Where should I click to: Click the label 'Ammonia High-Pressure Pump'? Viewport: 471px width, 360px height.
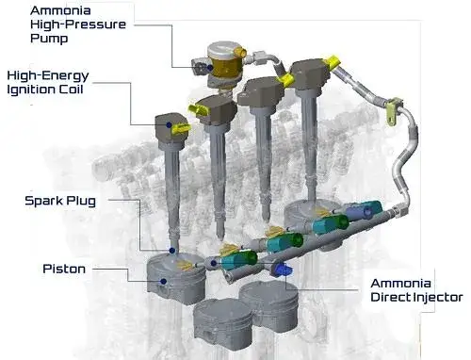[78, 25]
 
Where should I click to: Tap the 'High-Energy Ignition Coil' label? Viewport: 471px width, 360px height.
[48, 82]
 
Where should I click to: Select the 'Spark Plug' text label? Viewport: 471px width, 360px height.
[60, 201]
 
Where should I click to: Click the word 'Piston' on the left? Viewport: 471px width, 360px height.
[64, 269]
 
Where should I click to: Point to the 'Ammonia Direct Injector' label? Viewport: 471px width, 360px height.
[416, 290]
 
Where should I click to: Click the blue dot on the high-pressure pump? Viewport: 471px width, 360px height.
[210, 67]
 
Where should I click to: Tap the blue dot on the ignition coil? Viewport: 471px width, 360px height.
[169, 125]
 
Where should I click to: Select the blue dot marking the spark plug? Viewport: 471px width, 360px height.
[172, 251]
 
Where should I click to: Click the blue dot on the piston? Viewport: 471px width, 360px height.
[163, 281]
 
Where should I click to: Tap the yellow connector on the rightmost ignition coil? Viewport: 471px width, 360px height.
[333, 62]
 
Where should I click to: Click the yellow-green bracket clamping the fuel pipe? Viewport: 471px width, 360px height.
[394, 111]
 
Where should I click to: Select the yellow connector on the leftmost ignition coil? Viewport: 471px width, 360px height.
[180, 129]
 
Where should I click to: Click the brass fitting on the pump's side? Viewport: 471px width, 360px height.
[241, 52]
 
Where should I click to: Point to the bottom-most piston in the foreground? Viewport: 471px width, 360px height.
[222, 323]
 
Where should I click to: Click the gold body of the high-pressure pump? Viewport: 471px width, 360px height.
[226, 67]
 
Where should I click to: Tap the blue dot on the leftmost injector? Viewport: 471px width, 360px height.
[214, 263]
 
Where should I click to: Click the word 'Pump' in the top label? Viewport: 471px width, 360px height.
[49, 39]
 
